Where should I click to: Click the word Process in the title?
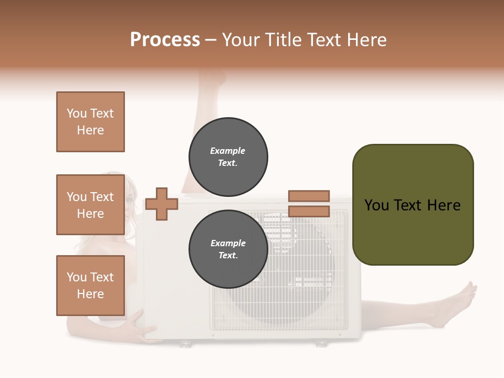tap(165, 40)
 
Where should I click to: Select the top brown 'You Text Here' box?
tap(90, 122)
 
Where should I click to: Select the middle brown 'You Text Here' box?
tap(90, 205)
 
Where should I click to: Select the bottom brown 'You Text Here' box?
tap(90, 286)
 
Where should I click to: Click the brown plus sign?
tap(161, 204)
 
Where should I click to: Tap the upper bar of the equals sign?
tap(309, 196)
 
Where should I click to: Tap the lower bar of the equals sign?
tap(309, 212)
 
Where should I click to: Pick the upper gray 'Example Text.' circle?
tap(228, 157)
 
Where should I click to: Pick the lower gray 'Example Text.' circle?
tap(228, 249)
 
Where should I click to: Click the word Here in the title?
tap(366, 40)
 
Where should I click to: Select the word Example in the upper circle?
tap(227, 151)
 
